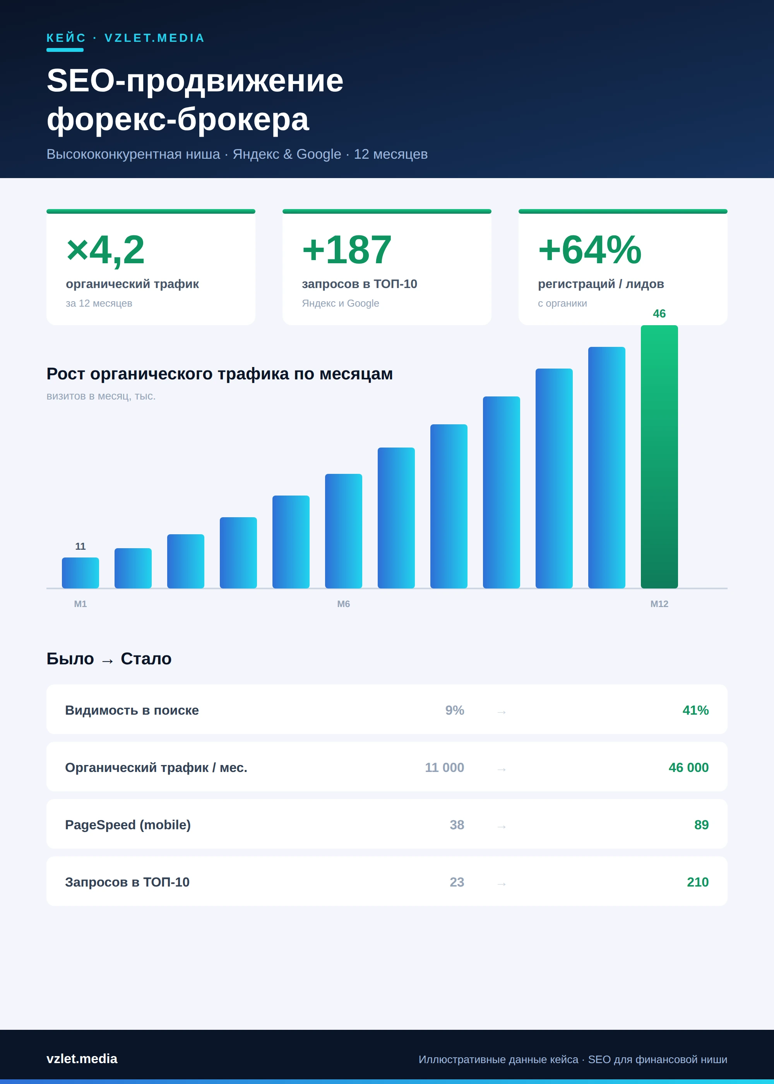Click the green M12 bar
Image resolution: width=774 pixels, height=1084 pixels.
tap(659, 457)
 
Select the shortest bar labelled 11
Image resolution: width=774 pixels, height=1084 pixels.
tap(80, 573)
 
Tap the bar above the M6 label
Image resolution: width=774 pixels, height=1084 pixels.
tap(344, 531)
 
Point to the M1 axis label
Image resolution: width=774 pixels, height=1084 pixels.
tap(80, 604)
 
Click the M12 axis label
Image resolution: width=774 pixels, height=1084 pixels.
tap(659, 604)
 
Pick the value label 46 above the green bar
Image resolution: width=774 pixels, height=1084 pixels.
tap(659, 314)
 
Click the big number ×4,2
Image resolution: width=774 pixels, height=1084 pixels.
tap(105, 249)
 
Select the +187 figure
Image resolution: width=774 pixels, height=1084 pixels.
tap(347, 249)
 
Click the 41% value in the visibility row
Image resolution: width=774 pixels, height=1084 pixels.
tap(695, 710)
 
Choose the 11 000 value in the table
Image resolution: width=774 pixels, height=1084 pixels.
tap(444, 767)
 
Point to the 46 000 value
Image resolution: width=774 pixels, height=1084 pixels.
tap(688, 767)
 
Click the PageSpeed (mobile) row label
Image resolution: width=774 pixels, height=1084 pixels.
tap(128, 825)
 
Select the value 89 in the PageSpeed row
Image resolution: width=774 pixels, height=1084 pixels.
tap(701, 825)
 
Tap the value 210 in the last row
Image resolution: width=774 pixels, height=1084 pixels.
tap(698, 882)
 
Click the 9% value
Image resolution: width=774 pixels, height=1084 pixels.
tap(455, 710)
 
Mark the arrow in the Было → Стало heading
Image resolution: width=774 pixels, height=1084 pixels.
tap(107, 661)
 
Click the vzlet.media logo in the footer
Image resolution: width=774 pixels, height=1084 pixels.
tap(82, 1059)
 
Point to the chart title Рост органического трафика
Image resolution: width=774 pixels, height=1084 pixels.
tap(220, 374)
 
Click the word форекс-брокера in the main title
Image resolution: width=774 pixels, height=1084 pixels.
tap(178, 119)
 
